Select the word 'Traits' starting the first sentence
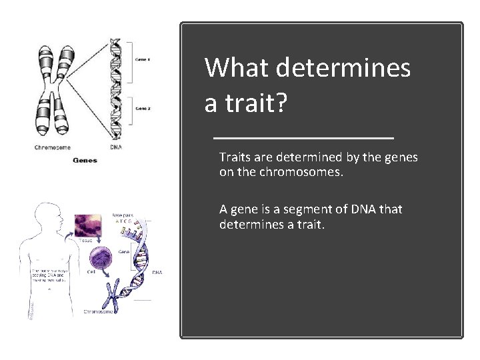[x=235, y=158]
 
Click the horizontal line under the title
[x=303, y=137]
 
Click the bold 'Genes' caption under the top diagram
[x=84, y=160]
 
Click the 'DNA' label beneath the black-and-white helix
[x=115, y=147]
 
